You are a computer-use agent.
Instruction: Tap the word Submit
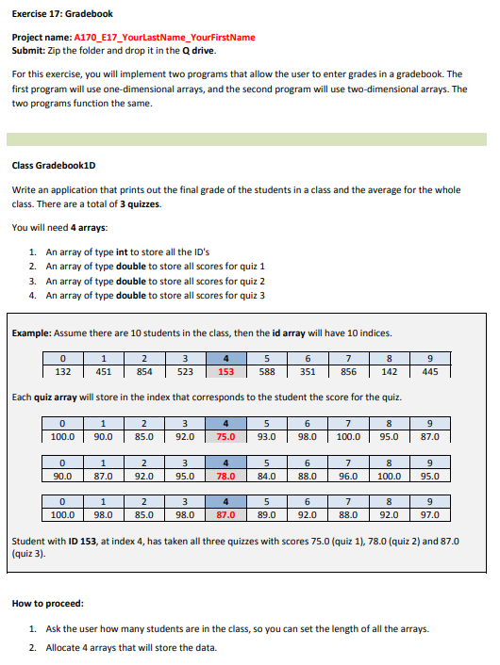tap(29, 50)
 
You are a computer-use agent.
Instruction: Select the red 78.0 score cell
tap(225, 476)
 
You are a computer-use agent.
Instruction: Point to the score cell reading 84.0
tap(266, 476)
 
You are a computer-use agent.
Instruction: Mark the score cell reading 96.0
tap(348, 476)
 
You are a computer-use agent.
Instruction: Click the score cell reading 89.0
tap(266, 515)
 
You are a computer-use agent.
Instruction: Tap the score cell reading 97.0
tap(430, 515)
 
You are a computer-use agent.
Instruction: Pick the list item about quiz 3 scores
tap(156, 295)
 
